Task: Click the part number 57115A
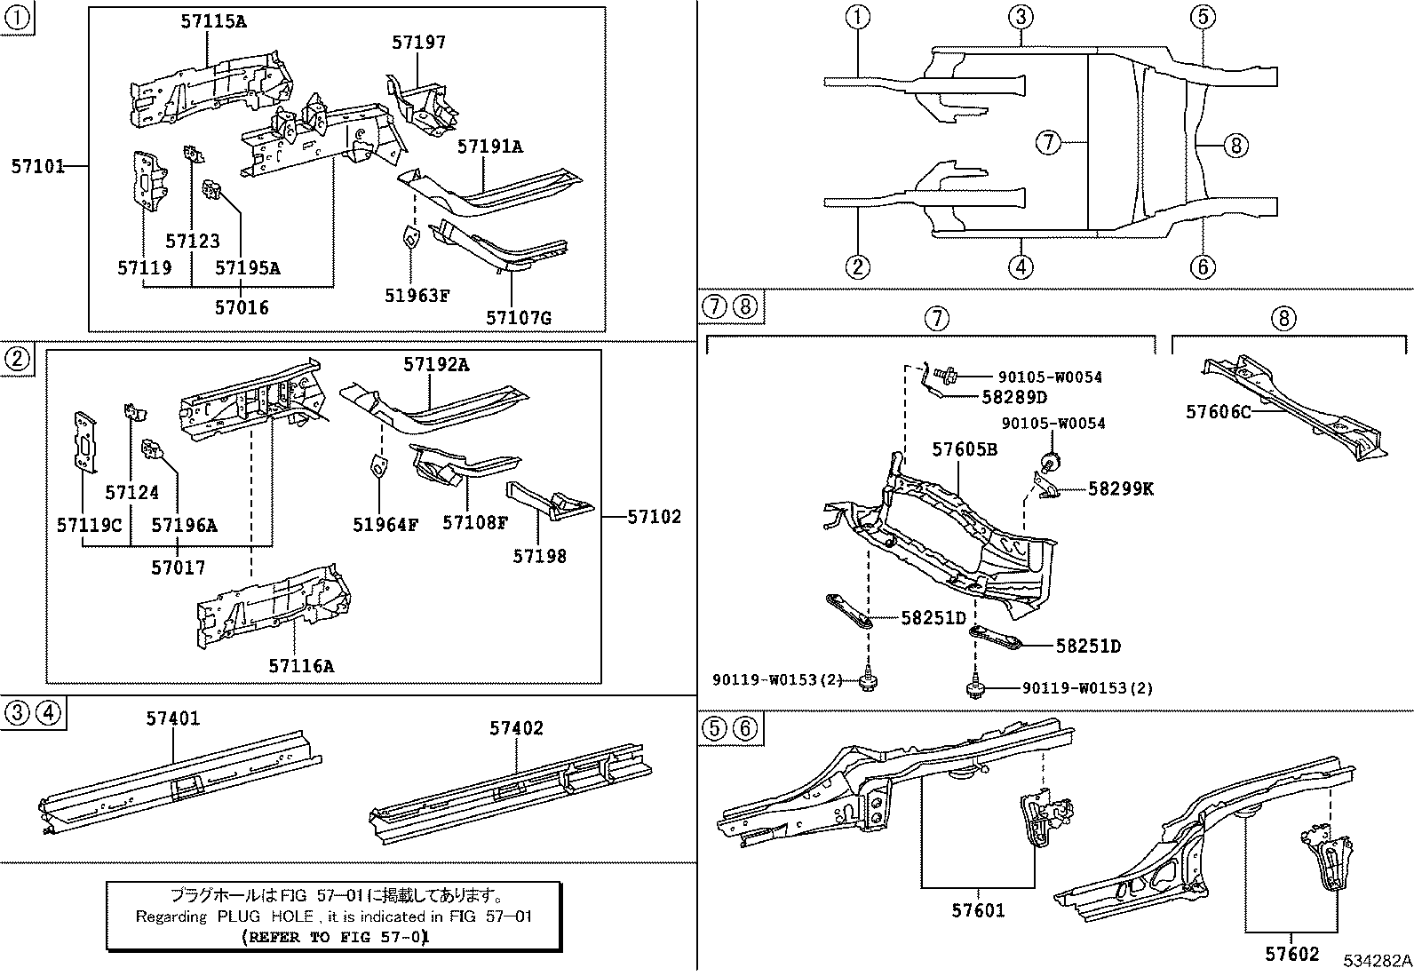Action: point(213,22)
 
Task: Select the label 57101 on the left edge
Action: point(38,166)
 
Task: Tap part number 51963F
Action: point(417,296)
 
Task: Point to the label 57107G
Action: point(518,317)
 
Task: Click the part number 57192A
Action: point(436,364)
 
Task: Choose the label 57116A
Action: point(301,665)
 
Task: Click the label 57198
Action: point(539,556)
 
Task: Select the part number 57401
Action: point(173,718)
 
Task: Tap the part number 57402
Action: point(516,728)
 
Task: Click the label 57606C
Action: point(1219,412)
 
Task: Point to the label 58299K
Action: point(1120,488)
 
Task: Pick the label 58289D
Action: point(1014,397)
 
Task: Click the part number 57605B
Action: point(964,450)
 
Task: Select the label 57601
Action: point(978,910)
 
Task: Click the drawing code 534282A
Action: point(1377,962)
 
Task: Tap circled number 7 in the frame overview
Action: point(1048,142)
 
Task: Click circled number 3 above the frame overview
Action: point(1021,16)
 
